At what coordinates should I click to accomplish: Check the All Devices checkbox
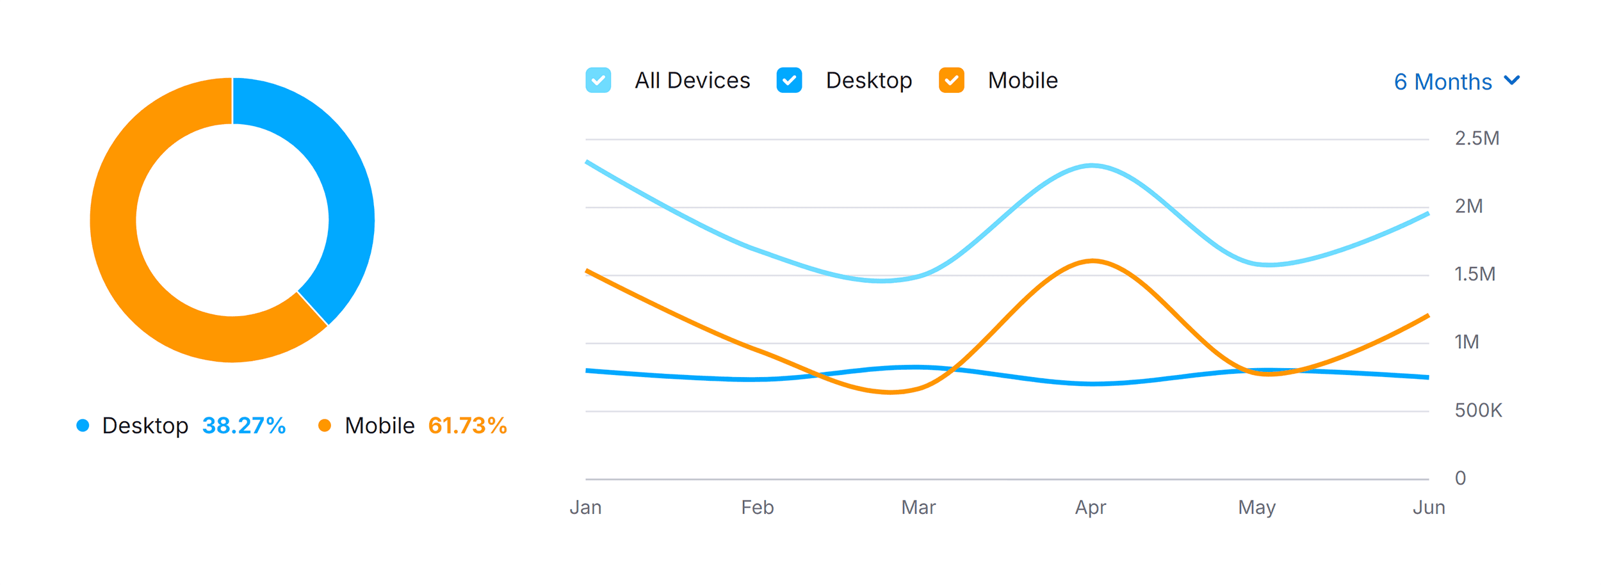[597, 81]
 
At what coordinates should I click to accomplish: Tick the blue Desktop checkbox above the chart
[789, 81]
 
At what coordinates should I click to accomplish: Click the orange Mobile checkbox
[951, 81]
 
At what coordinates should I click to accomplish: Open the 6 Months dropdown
[1456, 82]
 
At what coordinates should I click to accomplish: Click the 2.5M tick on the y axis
[1477, 138]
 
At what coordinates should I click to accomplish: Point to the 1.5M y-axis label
[1475, 275]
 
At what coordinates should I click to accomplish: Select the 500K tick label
[1478, 410]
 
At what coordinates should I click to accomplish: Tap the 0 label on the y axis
[1460, 478]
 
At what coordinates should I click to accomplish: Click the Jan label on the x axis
[585, 508]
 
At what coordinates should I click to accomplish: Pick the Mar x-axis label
[918, 508]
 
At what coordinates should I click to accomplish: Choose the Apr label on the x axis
[1091, 508]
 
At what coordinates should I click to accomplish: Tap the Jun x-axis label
[1429, 508]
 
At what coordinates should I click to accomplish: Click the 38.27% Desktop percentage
[244, 426]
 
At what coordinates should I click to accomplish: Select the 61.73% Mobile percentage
[467, 426]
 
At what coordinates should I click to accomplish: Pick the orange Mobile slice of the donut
[128, 256]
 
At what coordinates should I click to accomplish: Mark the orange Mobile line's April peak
[1093, 260]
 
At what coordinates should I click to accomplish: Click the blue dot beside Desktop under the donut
[83, 426]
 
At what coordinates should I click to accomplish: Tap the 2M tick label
[1468, 206]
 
